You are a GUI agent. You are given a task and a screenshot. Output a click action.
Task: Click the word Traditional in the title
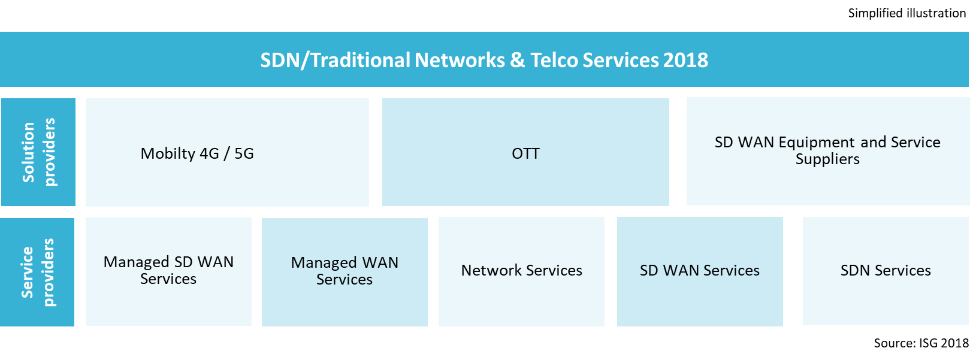point(361,60)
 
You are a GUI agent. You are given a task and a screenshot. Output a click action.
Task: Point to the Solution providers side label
point(38,152)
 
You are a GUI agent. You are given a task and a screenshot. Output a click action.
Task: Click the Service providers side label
point(37,272)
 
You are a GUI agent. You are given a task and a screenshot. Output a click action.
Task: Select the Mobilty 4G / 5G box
point(227,152)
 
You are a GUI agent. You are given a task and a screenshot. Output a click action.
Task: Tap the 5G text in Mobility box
point(244,154)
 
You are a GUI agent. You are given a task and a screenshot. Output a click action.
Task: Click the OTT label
point(525,154)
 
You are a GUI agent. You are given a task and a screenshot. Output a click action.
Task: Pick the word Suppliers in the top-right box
point(827,159)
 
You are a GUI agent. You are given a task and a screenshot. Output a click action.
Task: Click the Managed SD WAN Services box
point(168,271)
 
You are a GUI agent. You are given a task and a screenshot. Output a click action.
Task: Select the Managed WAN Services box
point(345,271)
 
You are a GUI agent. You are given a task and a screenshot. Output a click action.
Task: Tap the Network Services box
point(521,271)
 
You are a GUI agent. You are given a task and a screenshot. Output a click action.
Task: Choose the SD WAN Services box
point(700,271)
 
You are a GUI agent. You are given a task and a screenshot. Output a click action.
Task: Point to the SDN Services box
point(886,271)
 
